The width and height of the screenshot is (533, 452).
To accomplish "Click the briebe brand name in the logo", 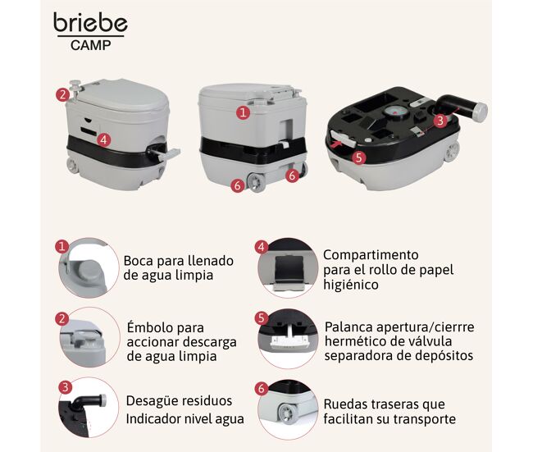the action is point(90,22).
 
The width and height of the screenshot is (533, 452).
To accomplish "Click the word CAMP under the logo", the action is point(91,45).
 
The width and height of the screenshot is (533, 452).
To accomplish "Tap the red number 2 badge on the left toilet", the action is point(62,94).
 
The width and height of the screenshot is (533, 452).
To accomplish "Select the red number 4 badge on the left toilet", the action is point(103,139).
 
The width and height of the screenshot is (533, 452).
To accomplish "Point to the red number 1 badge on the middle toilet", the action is point(243,112).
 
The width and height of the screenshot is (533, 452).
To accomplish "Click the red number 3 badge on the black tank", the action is point(440,121).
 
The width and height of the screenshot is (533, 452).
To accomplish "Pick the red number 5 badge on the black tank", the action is point(359,158).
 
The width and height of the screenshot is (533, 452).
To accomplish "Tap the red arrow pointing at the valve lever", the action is point(335,144).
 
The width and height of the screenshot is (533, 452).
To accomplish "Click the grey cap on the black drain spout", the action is point(481,111).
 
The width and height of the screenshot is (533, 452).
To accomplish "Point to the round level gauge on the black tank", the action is point(393,112).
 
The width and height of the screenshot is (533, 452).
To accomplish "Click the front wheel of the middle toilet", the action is point(255,182).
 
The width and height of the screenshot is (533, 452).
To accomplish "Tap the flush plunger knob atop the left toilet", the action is point(75,83).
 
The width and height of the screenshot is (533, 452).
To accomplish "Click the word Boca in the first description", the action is point(137,261).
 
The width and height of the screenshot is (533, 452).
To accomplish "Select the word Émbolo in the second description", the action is point(148,327).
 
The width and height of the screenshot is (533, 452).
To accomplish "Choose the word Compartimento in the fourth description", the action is point(371,255).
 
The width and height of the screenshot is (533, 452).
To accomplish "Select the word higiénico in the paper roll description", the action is point(351,285).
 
